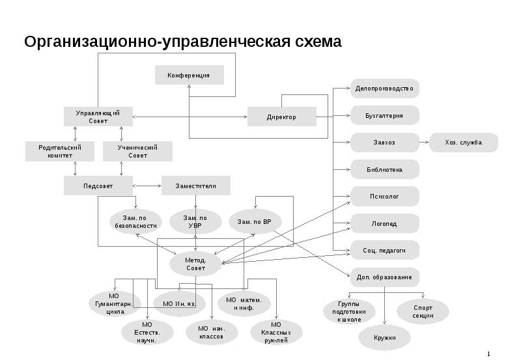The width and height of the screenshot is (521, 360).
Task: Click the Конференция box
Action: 189,75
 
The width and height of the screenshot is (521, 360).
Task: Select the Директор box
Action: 281,117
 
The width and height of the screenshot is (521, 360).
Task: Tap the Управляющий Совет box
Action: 98,117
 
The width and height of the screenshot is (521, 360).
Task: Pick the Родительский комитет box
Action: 59,152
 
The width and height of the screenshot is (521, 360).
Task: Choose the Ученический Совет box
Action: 137,152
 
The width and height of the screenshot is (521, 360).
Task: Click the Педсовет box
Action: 98,186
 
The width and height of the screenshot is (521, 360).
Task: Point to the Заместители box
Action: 195,186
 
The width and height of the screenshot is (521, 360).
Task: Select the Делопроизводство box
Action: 384,89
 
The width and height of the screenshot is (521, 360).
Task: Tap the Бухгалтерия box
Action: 384,116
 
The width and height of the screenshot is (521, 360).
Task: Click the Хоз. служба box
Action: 464,143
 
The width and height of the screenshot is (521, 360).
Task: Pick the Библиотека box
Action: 384,169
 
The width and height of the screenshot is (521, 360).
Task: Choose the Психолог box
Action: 384,196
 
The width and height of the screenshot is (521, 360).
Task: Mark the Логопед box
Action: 384,223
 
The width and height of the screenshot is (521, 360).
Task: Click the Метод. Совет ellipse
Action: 195,264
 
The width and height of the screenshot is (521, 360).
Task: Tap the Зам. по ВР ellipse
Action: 255,221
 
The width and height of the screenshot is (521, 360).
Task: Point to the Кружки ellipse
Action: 385,338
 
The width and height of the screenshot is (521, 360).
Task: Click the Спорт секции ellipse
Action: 423,311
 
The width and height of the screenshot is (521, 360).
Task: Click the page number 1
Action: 488,353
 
